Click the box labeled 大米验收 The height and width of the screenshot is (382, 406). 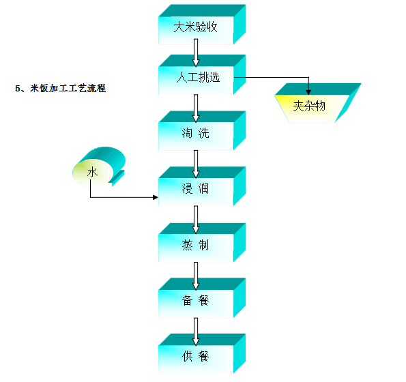click(x=202, y=25)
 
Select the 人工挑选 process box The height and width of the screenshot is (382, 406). click(x=202, y=74)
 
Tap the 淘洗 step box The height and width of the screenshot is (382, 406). click(x=202, y=131)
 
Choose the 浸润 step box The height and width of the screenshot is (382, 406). click(x=202, y=186)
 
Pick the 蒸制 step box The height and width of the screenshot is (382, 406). click(x=202, y=243)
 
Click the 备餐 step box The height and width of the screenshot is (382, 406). click(x=202, y=298)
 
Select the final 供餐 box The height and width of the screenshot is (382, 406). click(x=202, y=354)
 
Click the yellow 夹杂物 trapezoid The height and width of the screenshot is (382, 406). click(x=317, y=103)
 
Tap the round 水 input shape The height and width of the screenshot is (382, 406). click(x=99, y=166)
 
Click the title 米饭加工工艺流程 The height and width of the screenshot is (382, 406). click(x=68, y=88)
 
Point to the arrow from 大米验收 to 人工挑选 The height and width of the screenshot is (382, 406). click(x=196, y=53)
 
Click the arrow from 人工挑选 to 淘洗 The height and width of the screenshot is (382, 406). click(x=196, y=108)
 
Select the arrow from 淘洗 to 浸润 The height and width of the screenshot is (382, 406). click(x=196, y=164)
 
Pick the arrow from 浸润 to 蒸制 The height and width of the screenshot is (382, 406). click(x=196, y=220)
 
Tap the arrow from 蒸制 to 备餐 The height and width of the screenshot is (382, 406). click(x=196, y=276)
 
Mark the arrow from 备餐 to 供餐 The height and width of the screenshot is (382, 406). click(x=196, y=332)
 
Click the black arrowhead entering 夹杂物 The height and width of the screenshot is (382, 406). click(x=308, y=92)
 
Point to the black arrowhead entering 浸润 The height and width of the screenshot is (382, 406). click(x=156, y=197)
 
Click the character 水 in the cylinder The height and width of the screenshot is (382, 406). click(x=92, y=172)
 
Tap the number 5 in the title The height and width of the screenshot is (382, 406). click(x=18, y=89)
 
